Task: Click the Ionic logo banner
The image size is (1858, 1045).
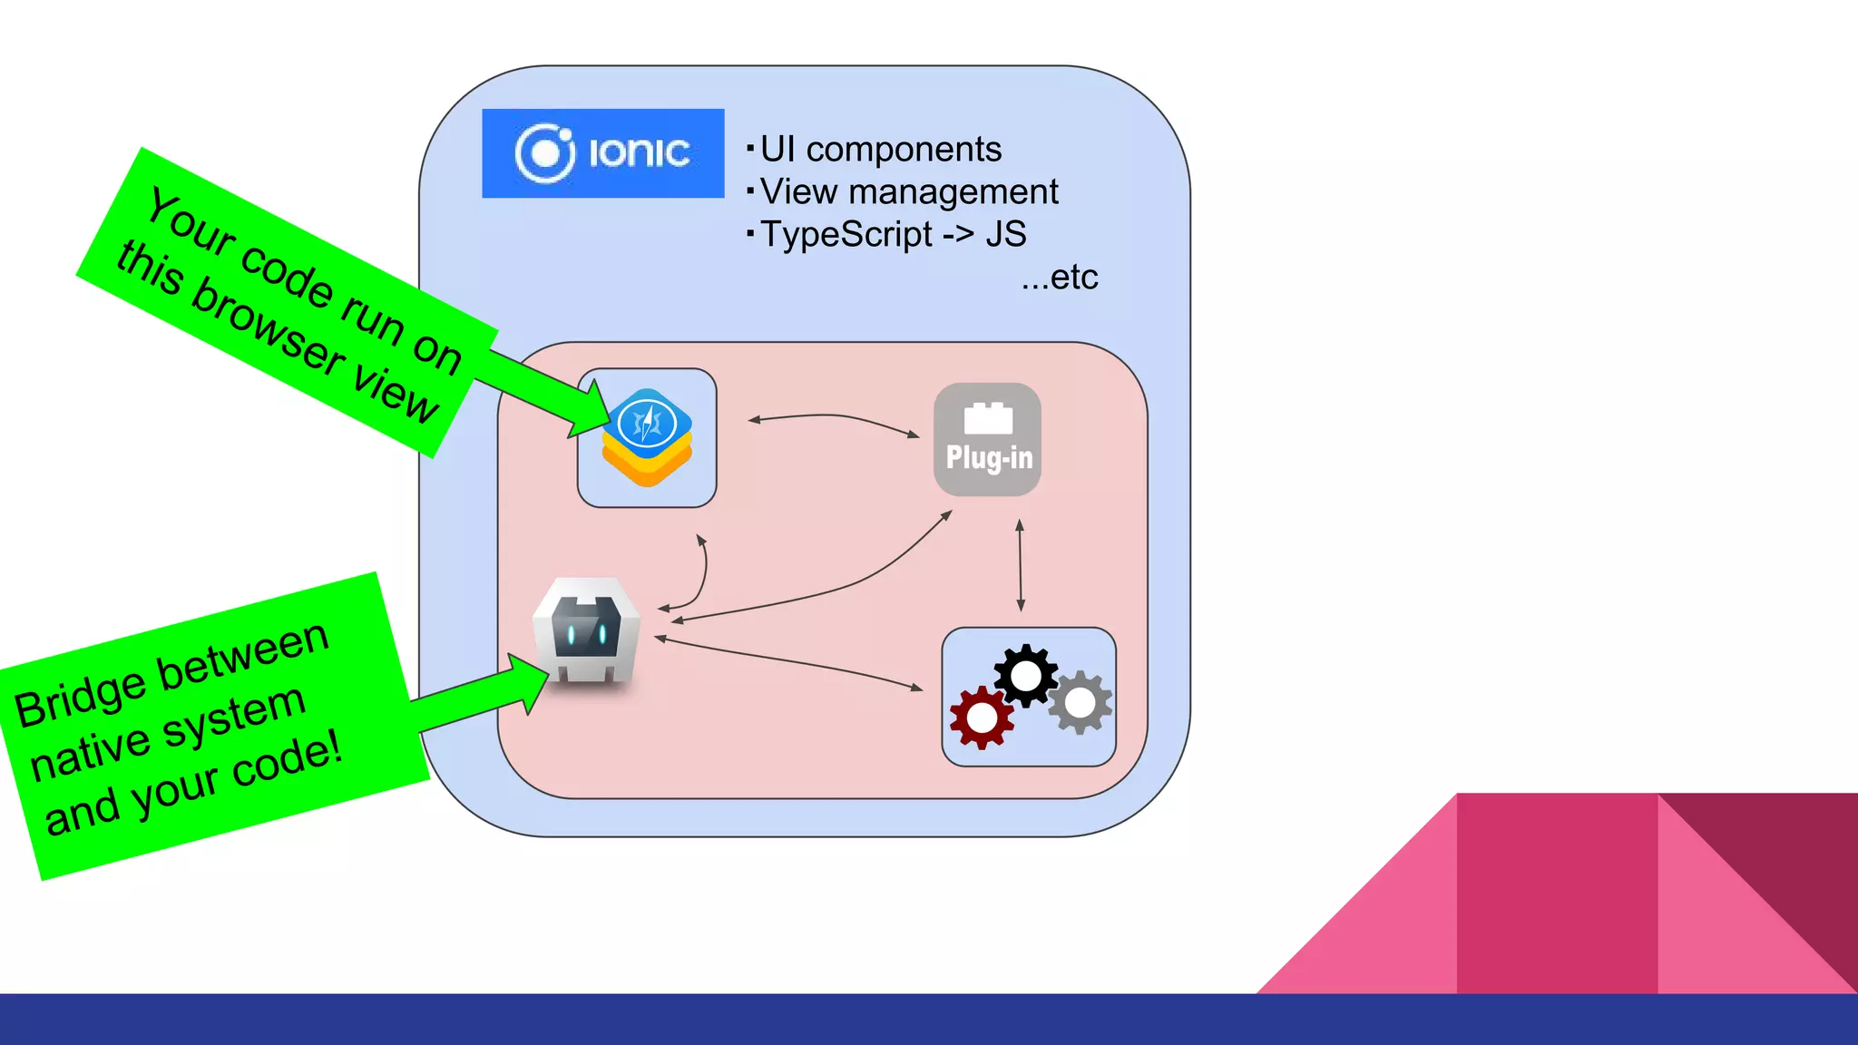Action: [x=602, y=153]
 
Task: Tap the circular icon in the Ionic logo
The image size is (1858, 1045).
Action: [x=544, y=153]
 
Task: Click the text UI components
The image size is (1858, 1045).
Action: [x=880, y=149]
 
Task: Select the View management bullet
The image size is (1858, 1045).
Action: [x=908, y=191]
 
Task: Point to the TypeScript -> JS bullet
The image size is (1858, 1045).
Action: [x=893, y=234]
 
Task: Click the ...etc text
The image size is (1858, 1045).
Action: [x=1059, y=277]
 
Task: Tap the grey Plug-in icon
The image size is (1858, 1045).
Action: [x=987, y=439]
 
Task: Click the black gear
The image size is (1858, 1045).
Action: [x=1025, y=676]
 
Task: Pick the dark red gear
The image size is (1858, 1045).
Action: [x=982, y=718]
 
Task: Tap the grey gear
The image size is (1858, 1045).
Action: [x=1080, y=703]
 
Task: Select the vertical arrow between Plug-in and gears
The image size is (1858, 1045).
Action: [x=1020, y=564]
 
